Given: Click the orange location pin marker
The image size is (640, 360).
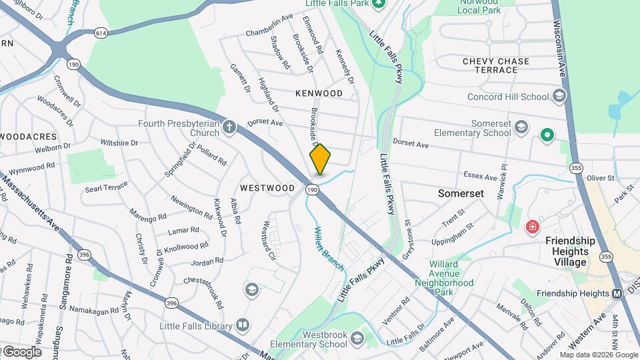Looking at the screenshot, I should tap(320, 159).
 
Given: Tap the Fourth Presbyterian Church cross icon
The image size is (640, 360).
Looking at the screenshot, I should tap(229, 126).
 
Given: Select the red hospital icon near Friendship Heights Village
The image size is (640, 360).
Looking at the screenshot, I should tap(532, 227).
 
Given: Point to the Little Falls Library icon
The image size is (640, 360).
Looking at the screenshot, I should tap(243, 325).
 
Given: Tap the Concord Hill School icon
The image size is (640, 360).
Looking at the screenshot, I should tap(559, 97).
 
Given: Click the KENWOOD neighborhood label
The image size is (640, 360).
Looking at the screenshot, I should tap(319, 93).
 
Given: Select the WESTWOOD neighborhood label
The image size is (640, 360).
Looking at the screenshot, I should tap(267, 188).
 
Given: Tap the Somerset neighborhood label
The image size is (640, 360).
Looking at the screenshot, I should tap(459, 193).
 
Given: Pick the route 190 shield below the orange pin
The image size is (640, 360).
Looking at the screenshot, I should tap(312, 190).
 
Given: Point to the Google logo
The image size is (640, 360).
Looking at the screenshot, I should tap(22, 351).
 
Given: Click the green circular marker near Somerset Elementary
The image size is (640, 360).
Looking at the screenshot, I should tap(547, 135).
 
